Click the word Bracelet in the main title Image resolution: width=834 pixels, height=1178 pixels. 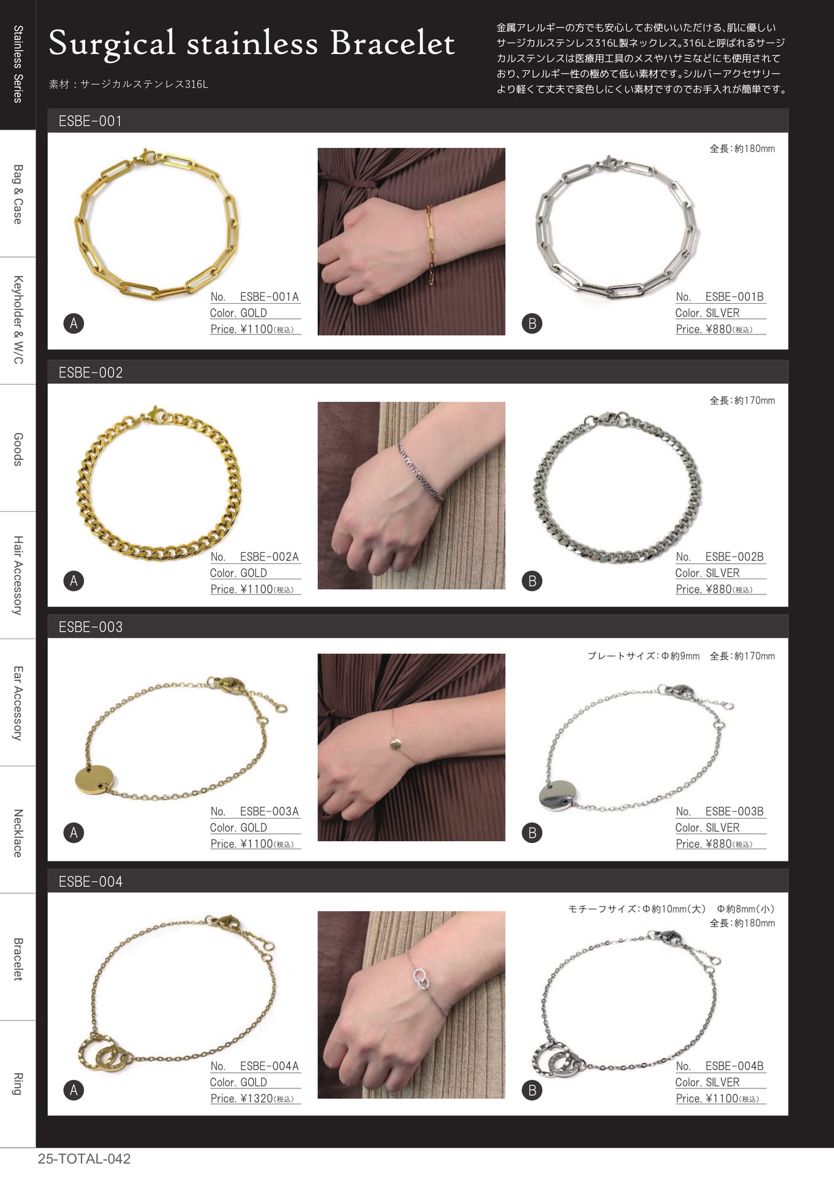point(392,43)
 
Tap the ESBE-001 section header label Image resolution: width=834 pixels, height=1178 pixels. point(90,121)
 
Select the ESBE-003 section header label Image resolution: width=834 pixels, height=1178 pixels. point(90,627)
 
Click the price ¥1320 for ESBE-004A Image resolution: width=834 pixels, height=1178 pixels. point(257,1098)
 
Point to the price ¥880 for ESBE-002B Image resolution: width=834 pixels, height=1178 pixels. point(719,589)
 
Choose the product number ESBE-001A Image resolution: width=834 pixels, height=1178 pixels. point(269,297)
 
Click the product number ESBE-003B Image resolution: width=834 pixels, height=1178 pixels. point(735,812)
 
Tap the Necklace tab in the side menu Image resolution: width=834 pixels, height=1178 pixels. point(18,833)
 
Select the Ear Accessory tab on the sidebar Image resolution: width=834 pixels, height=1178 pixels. point(18,703)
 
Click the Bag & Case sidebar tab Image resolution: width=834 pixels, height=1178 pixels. point(18,194)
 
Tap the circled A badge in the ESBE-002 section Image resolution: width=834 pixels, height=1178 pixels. point(74,581)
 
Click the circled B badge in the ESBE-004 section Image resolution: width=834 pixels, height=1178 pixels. point(532,1090)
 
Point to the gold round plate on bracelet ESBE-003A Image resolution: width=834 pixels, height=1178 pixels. point(95,780)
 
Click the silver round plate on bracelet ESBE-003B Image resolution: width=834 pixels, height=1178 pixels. point(558,796)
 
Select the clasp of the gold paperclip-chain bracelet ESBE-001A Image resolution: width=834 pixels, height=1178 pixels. point(147,157)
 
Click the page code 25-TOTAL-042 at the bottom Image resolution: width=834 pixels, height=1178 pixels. point(84,1159)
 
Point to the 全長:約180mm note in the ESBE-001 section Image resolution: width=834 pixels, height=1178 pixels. point(742,148)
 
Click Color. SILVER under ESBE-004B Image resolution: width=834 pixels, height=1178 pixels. point(707,1082)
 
